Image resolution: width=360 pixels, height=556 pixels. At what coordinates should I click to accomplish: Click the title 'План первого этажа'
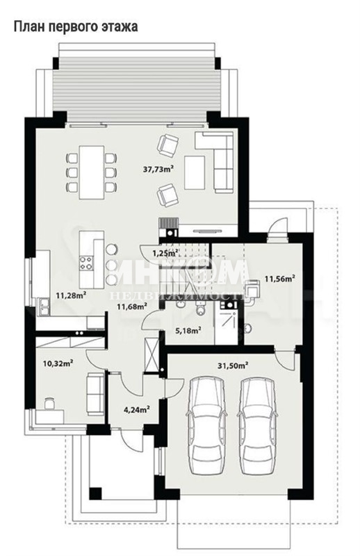[x=76, y=26]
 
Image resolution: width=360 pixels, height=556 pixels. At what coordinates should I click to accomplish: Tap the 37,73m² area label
[x=158, y=169]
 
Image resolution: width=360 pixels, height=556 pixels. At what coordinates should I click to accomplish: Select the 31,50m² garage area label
[x=233, y=366]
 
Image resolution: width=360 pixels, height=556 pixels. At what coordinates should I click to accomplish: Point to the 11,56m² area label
[x=280, y=279]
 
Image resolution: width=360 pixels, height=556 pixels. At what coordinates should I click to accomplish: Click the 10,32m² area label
[x=58, y=363]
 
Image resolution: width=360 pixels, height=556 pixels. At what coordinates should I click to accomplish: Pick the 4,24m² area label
[x=136, y=409]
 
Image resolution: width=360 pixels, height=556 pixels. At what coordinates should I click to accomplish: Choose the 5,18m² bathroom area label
[x=188, y=331]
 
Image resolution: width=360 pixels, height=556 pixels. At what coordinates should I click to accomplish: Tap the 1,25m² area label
[x=165, y=253]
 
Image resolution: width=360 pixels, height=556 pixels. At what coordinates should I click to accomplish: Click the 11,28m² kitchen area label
[x=72, y=295]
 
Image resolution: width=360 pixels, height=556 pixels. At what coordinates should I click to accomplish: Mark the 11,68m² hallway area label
[x=132, y=306]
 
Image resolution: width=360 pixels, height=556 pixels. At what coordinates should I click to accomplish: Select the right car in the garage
[x=257, y=425]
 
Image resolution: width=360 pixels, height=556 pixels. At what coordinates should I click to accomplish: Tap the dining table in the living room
[x=92, y=172]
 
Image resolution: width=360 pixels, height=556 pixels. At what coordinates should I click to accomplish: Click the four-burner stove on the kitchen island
[x=87, y=263]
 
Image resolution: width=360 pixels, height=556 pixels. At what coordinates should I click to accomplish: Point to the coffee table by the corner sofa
[x=195, y=172]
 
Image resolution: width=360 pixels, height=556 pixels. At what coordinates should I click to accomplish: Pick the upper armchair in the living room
[x=167, y=146]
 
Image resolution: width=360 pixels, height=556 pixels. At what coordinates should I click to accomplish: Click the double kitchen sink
[x=44, y=306]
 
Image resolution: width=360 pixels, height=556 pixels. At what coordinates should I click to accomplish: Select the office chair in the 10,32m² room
[x=49, y=403]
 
